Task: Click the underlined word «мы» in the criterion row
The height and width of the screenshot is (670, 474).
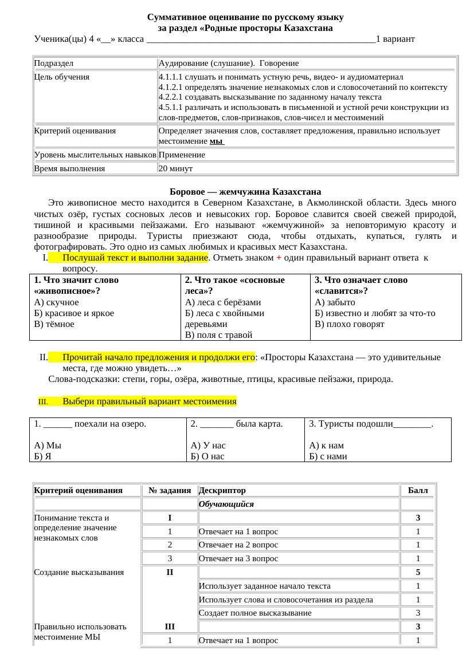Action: point(216,141)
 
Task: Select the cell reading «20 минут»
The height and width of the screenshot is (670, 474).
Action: point(175,169)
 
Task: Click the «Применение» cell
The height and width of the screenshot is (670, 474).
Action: point(182,155)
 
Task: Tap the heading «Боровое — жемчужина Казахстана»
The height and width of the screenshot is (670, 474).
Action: point(245,192)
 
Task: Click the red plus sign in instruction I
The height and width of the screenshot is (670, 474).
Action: point(279,258)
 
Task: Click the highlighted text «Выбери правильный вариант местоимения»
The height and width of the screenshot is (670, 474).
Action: point(149,401)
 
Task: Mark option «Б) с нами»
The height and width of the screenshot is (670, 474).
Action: point(328,456)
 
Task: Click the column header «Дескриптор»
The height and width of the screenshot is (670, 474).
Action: point(222,491)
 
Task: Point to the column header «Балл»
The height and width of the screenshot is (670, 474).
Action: point(417,491)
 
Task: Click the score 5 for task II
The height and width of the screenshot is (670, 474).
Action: point(418,572)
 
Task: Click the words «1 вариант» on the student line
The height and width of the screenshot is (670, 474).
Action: point(395,40)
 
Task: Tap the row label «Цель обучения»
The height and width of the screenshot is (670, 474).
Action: point(62,77)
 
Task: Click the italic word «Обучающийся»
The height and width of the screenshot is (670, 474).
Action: point(226,505)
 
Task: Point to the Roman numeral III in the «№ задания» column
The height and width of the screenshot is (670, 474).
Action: point(170,627)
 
